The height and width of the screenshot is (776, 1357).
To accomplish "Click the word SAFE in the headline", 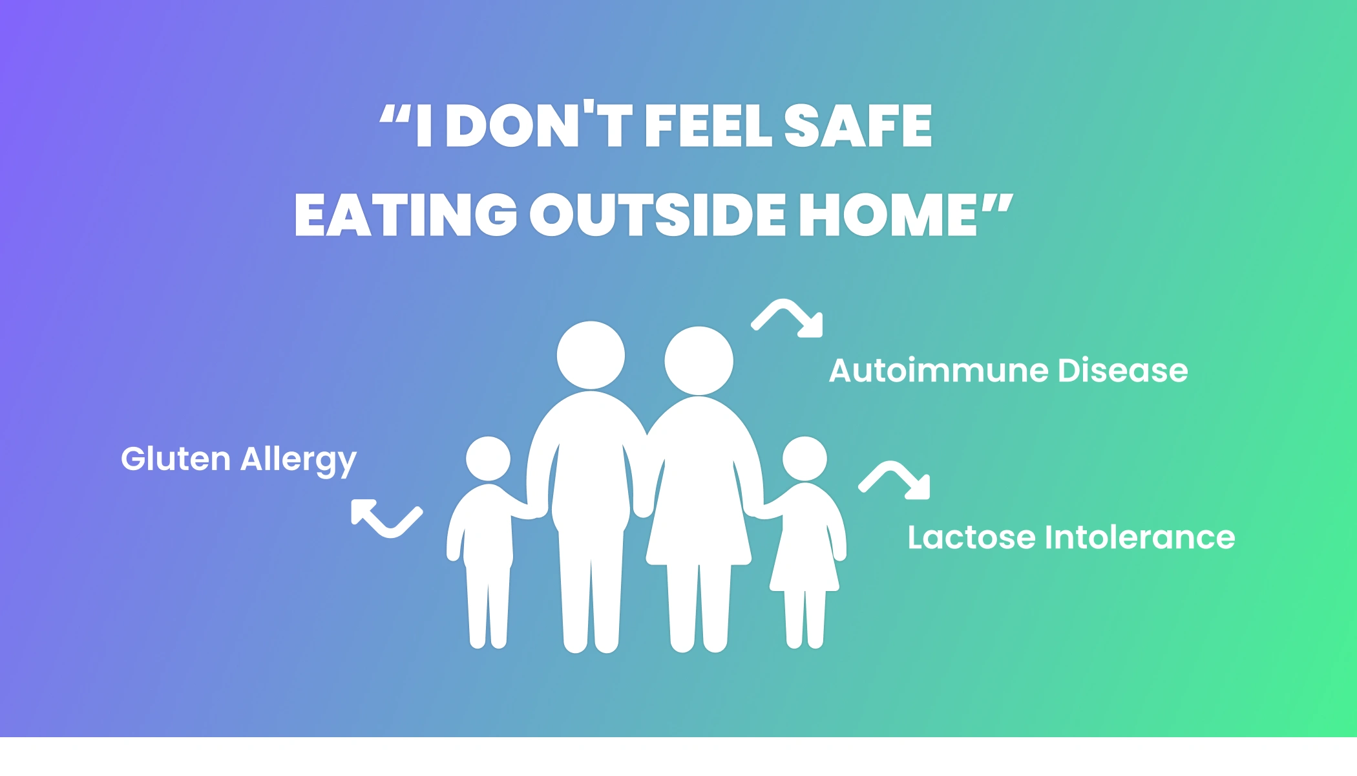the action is coord(858,125).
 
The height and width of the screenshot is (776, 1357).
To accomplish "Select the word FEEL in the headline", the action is coord(708,125).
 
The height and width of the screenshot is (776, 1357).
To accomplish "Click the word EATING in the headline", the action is coord(406,215).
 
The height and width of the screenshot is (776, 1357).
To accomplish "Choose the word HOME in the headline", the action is coord(888,215).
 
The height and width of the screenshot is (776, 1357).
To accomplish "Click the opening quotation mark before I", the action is coord(395,115).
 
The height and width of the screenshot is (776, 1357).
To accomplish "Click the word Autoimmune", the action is coord(938,371).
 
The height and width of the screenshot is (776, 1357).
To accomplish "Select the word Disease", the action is coord(1123,371).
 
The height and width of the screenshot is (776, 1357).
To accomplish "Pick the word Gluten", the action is coord(176,458).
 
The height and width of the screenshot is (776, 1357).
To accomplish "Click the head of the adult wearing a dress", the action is coord(699,361).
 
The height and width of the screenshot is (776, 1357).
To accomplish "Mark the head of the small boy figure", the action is coord(488,459).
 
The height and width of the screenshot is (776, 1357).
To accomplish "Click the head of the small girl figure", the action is coord(805,459).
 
